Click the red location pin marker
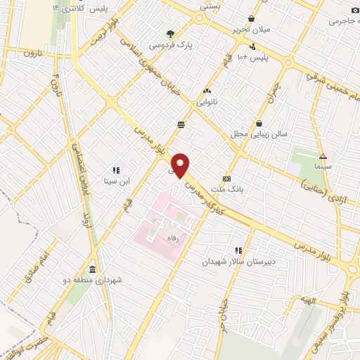[181, 165]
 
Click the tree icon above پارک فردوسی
[170, 32]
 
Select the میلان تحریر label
[252, 30]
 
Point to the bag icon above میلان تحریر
[252, 19]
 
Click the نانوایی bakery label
[207, 102]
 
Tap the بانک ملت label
[226, 190]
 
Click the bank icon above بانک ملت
[226, 179]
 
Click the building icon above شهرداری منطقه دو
[92, 269]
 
